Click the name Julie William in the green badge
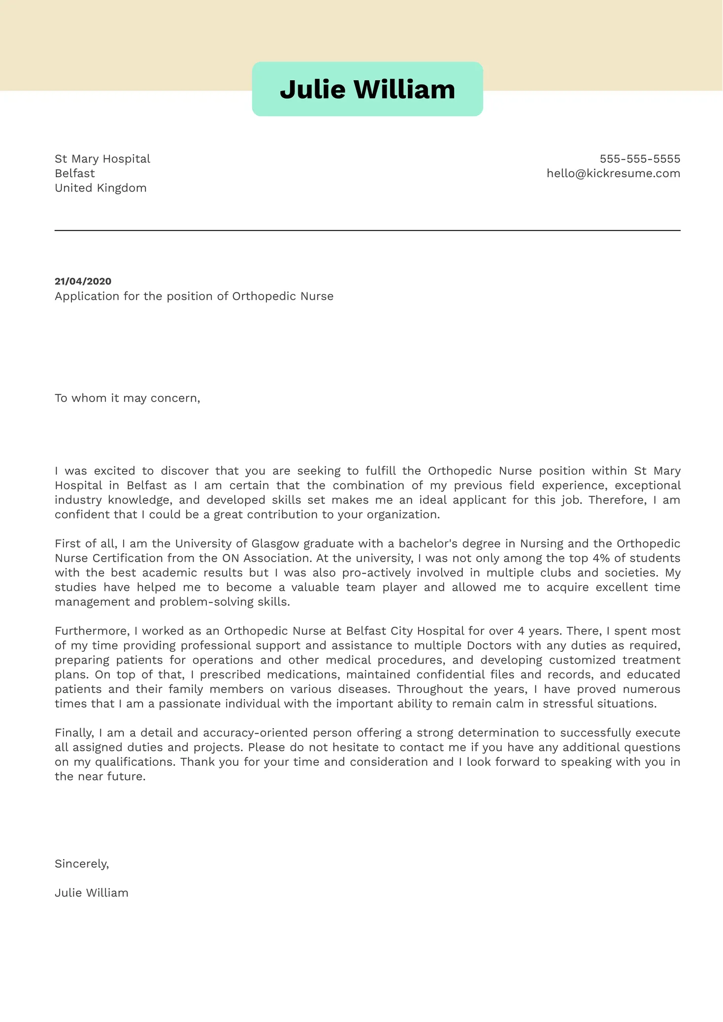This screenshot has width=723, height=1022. tap(367, 90)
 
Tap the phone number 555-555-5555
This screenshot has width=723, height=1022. tap(640, 159)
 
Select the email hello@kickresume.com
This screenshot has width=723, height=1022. tap(613, 173)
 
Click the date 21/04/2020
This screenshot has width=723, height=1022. tap(83, 282)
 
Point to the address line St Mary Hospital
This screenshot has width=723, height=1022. tap(102, 159)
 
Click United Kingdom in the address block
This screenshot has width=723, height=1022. tap(100, 188)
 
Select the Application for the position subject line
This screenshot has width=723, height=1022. tap(194, 296)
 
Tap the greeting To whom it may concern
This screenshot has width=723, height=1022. tap(127, 398)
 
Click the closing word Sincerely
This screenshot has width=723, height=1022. tap(82, 864)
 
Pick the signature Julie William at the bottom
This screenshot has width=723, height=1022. tap(92, 893)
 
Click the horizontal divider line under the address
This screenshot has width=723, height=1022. tap(367, 230)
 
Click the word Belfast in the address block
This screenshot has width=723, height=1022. tap(75, 173)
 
